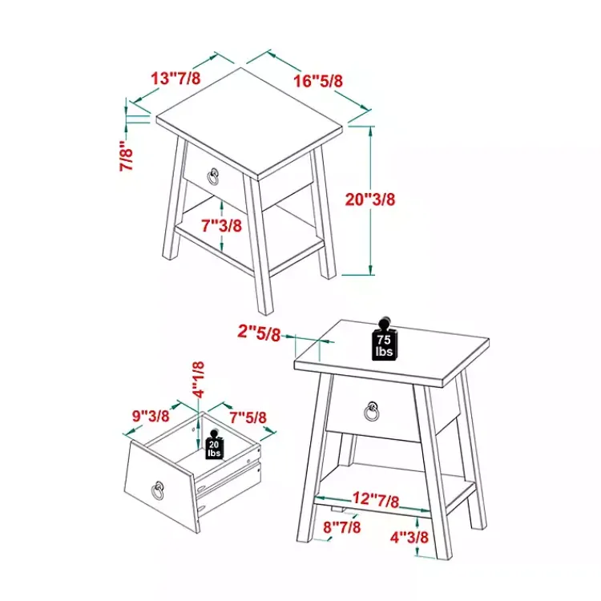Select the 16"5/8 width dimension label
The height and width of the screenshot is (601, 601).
click(x=318, y=80)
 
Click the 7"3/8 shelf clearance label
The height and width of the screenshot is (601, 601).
click(x=221, y=225)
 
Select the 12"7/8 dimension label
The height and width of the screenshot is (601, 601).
click(x=374, y=501)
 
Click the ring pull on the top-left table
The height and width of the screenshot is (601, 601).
click(x=214, y=175)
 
